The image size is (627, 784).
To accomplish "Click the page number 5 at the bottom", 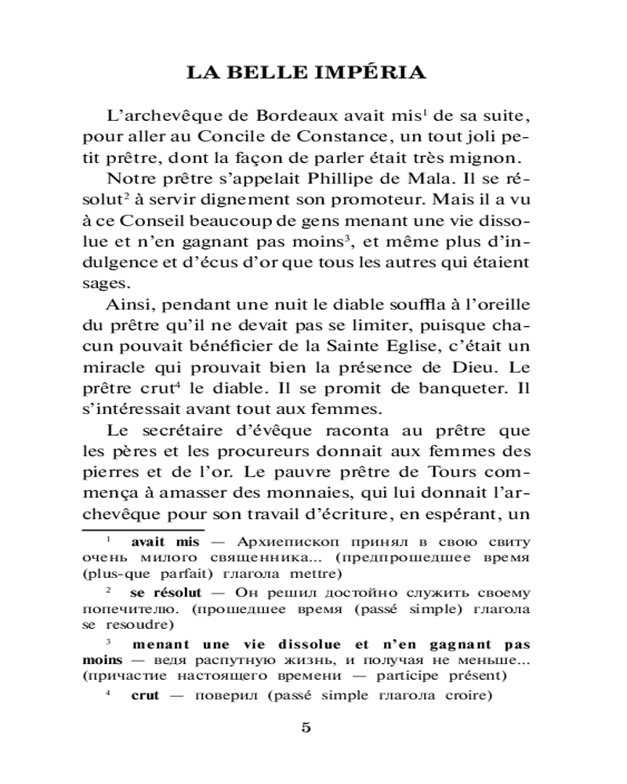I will click(306, 727).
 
